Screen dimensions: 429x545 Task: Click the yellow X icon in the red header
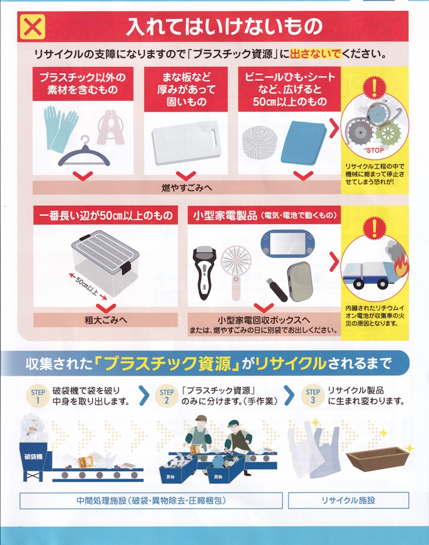[33, 27]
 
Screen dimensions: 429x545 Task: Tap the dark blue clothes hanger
[84, 154]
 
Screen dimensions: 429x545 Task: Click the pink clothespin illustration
[111, 127]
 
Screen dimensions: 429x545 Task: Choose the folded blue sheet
[304, 143]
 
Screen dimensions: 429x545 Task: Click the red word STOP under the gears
[375, 151]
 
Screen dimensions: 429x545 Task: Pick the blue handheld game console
[287, 243]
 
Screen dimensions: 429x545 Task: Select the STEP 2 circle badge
[167, 396]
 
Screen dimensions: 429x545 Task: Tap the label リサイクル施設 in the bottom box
[348, 500]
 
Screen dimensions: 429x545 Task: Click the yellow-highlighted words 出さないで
[315, 54]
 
